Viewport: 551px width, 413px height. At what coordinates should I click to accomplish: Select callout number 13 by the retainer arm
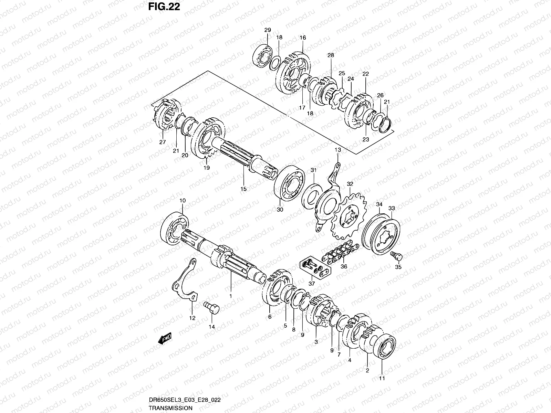pyautogui.click(x=337, y=150)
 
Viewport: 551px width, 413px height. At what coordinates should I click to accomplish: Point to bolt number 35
pyautogui.click(x=397, y=256)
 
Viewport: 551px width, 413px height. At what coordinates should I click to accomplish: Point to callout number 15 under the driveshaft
pyautogui.click(x=243, y=189)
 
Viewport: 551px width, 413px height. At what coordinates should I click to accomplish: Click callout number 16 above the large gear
pyautogui.click(x=303, y=38)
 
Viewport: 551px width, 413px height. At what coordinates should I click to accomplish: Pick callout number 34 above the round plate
pyautogui.click(x=379, y=204)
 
